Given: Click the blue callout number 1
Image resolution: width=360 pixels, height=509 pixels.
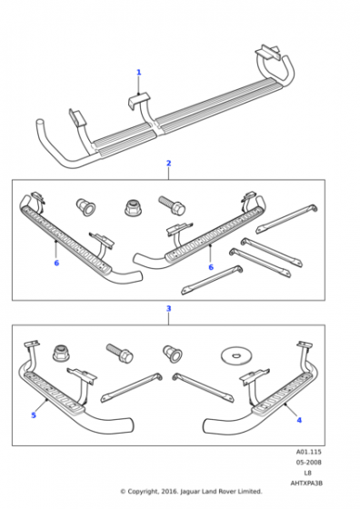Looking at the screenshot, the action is tap(138, 72).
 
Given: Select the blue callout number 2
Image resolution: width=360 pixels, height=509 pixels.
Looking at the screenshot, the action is tap(168, 163).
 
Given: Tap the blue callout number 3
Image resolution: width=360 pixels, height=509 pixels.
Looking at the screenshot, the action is tap(168, 308).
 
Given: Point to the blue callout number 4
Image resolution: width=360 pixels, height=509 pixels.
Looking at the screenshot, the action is tap(299, 420).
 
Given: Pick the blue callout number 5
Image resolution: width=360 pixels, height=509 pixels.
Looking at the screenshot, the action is tap(34, 415).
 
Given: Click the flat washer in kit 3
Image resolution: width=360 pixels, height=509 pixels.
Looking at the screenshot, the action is tap(235, 355).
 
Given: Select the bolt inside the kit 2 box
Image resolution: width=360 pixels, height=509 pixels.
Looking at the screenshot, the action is tap(172, 205).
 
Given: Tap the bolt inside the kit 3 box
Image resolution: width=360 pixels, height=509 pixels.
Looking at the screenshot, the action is tap(119, 354).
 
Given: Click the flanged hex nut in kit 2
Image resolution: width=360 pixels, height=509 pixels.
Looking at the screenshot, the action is tap(133, 208).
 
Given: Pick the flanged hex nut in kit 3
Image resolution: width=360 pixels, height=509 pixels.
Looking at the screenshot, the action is tap(61, 354).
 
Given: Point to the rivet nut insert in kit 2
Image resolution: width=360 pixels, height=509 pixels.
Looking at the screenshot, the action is tap(85, 207).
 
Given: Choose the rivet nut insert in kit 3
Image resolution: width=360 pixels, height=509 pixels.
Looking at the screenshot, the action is tap(172, 354).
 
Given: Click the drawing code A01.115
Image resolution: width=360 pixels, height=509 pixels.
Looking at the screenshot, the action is tap(308, 452).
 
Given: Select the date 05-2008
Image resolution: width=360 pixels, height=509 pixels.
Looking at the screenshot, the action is tap(308, 463).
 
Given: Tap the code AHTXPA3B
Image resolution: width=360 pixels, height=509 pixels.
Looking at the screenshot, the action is tap(306, 483).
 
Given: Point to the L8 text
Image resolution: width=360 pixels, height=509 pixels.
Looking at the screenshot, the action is tap(308, 473).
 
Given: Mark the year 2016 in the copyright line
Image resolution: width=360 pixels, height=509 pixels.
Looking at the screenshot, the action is tap(169, 492).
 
